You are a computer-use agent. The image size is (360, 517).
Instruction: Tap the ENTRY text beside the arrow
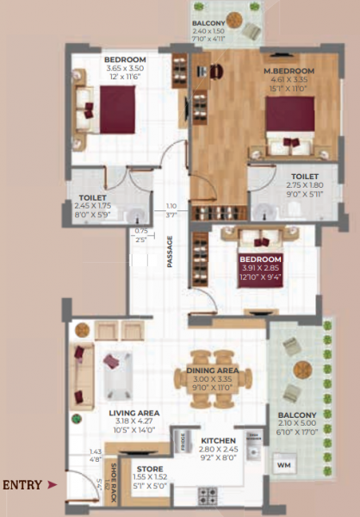pos(21,486)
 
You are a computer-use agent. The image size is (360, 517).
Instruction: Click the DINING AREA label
pos(217,371)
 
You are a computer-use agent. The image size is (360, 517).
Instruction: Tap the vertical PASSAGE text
pos(170,251)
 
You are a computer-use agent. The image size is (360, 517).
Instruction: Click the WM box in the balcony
pos(284,466)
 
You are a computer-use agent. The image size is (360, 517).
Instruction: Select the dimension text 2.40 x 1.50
pos(209,31)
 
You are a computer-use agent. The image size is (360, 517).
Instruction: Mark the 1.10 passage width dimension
pos(171,205)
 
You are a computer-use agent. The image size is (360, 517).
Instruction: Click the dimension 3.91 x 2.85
pos(259,269)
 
